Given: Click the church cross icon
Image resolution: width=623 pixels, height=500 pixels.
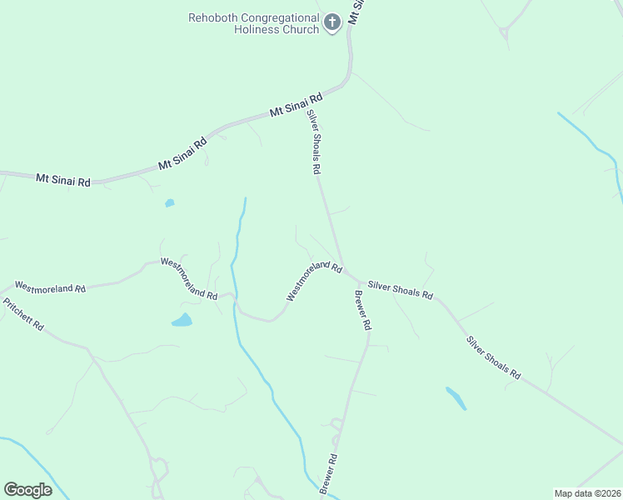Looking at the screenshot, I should coord(332,22).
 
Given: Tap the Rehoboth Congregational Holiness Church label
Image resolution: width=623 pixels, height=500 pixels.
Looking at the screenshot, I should coord(254,23).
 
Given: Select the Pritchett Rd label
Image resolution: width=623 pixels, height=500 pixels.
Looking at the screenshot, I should coord(22,314).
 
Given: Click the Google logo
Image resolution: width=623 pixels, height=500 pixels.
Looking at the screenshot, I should coord(27,489).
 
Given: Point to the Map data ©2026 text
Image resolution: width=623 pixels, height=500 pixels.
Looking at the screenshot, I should coord(587,493).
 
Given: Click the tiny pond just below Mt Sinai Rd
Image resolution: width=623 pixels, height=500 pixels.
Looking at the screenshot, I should coord(170,202).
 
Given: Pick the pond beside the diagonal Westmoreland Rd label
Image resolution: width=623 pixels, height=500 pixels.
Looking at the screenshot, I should coord(182,320).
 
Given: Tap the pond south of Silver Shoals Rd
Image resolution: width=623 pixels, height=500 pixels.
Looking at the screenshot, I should coord(456,397).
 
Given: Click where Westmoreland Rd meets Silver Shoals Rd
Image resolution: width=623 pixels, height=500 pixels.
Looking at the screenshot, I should coord(343,268).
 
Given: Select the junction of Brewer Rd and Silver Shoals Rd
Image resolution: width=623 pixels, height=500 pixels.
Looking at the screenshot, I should coord(358,280).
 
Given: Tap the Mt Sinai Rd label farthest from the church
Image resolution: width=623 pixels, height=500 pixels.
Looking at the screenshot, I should coord(63,178).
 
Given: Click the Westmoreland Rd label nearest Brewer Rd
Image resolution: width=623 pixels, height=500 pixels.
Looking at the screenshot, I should coord(314,281).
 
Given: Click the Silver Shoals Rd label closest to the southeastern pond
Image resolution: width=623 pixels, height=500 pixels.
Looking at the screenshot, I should coord(493,358).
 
